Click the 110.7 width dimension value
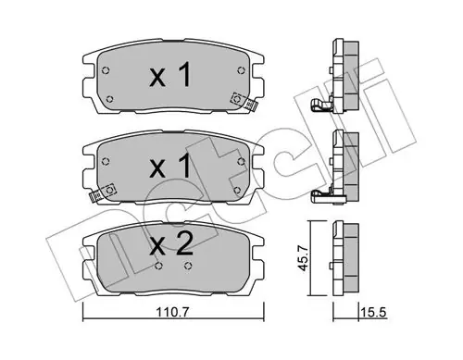click(x=173, y=313)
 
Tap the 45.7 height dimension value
click(x=304, y=258)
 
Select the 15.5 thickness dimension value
click(x=373, y=313)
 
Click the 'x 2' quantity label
click(x=171, y=243)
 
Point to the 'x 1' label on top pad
click(x=170, y=75)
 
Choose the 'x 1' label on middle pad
click(x=170, y=167)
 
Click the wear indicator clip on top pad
click(x=244, y=101)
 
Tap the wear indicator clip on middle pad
click(x=102, y=192)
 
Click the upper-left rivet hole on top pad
click(x=106, y=70)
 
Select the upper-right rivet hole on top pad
click(x=241, y=70)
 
